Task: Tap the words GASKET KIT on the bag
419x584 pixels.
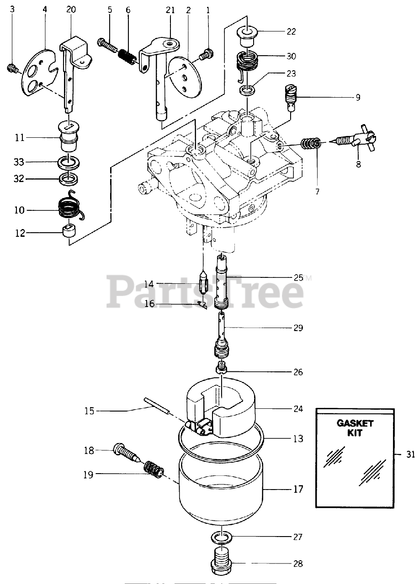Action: [355, 428]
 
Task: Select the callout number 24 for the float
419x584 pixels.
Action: [297, 409]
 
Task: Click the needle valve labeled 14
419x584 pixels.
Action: [202, 289]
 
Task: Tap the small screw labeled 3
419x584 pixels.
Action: [12, 69]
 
